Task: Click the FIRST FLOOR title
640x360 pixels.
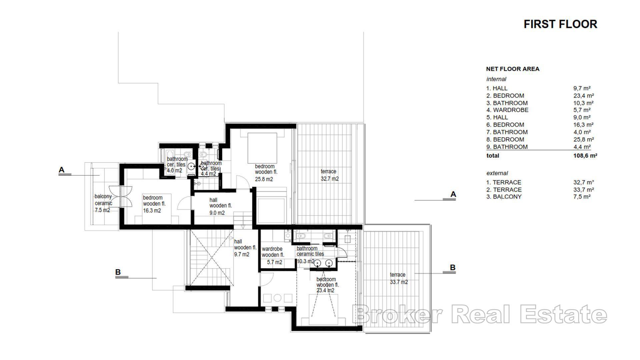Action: coord(560,24)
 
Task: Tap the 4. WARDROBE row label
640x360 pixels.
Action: coord(507,110)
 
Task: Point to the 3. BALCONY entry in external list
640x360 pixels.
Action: coord(504,197)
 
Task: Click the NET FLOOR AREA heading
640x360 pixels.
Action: coord(512,69)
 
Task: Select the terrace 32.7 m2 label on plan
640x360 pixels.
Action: coord(329,175)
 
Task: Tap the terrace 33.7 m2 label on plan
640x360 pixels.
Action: coord(398,278)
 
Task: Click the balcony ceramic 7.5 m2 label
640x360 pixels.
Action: coord(103,203)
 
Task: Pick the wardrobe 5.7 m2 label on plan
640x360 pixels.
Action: coord(272,255)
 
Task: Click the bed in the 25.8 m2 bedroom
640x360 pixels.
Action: coord(262,147)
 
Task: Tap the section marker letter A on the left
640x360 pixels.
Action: coord(61,170)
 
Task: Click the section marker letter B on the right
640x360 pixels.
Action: coord(452,267)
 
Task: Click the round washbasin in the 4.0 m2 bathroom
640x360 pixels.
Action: coord(191,166)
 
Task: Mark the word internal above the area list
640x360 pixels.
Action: coord(496,79)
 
